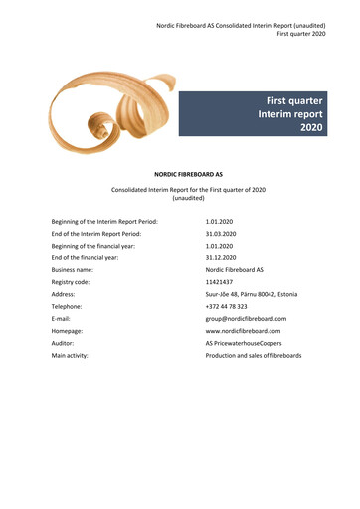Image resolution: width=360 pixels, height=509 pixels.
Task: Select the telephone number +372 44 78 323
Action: pyautogui.click(x=227, y=307)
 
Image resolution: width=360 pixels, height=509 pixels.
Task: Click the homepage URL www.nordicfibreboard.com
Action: pyautogui.click(x=243, y=331)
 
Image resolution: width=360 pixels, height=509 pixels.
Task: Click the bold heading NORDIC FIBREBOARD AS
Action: pyautogui.click(x=181, y=173)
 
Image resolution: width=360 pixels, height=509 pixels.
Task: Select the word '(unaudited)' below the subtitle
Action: pyautogui.click(x=180, y=198)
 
